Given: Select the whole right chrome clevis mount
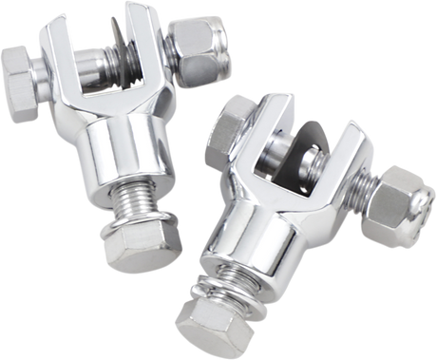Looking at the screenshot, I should (294, 218).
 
